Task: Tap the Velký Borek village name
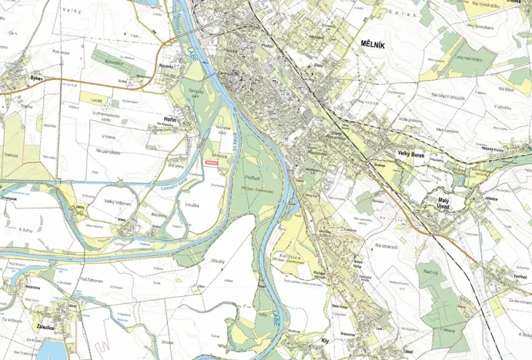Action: click(412, 155)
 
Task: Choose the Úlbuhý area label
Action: click(218, 261)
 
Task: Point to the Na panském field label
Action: click(110, 151)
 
